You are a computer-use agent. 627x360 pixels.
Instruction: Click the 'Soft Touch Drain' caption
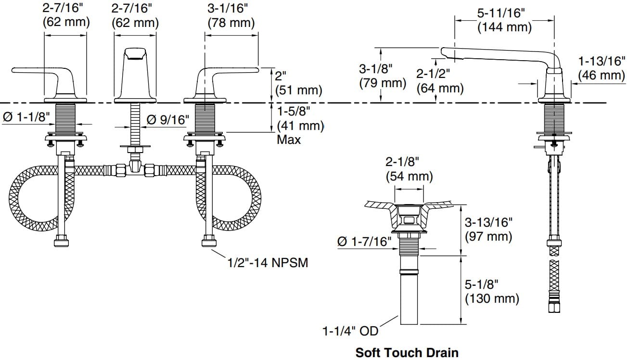[x=407, y=352]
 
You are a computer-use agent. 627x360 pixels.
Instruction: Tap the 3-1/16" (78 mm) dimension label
[x=231, y=15]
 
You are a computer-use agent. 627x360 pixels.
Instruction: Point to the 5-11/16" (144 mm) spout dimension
[x=504, y=21]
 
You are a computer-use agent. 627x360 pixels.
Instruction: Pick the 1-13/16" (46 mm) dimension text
[x=601, y=68]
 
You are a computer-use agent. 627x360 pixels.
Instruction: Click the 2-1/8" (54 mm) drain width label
[x=409, y=169]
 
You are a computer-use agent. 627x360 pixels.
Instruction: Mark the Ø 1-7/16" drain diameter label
[x=365, y=241]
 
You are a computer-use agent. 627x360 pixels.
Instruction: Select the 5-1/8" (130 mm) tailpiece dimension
[x=492, y=291]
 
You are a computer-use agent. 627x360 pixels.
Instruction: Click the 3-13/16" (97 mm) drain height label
[x=488, y=230]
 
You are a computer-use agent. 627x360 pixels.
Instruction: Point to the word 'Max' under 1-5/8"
[x=289, y=140]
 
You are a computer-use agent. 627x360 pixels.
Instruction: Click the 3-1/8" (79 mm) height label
[x=383, y=76]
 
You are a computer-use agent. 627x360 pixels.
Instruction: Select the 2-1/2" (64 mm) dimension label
[x=440, y=81]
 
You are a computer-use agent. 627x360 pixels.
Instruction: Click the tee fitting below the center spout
[x=135, y=169]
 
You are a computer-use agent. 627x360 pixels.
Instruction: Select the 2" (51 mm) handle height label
[x=298, y=83]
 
